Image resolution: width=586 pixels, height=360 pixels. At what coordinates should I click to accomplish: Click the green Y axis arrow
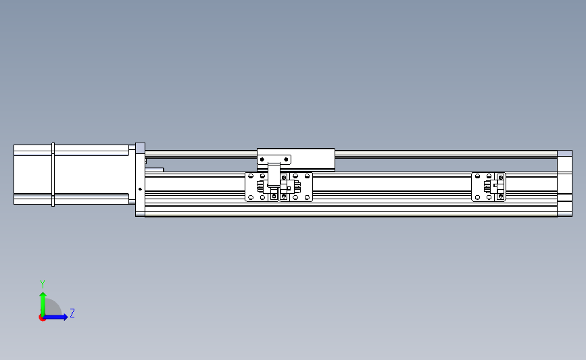[x=43, y=304]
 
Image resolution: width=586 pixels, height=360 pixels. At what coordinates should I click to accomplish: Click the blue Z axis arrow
[x=55, y=317]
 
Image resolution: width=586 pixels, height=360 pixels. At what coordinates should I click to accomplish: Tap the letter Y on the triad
[x=42, y=284]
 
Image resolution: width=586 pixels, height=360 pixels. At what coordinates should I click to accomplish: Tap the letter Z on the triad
[x=72, y=313]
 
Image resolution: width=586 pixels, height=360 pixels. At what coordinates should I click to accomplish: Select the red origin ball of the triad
[x=42, y=317]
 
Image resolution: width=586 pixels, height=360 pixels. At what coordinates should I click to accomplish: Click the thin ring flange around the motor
[x=53, y=174]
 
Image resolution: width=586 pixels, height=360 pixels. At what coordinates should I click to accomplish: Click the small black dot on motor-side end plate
[x=140, y=189]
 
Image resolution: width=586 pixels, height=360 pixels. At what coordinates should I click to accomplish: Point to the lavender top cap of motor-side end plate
[x=140, y=149]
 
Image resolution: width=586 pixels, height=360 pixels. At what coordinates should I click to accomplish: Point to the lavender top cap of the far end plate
[x=564, y=153]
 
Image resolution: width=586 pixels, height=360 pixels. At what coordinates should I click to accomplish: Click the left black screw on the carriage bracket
[x=262, y=159]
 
